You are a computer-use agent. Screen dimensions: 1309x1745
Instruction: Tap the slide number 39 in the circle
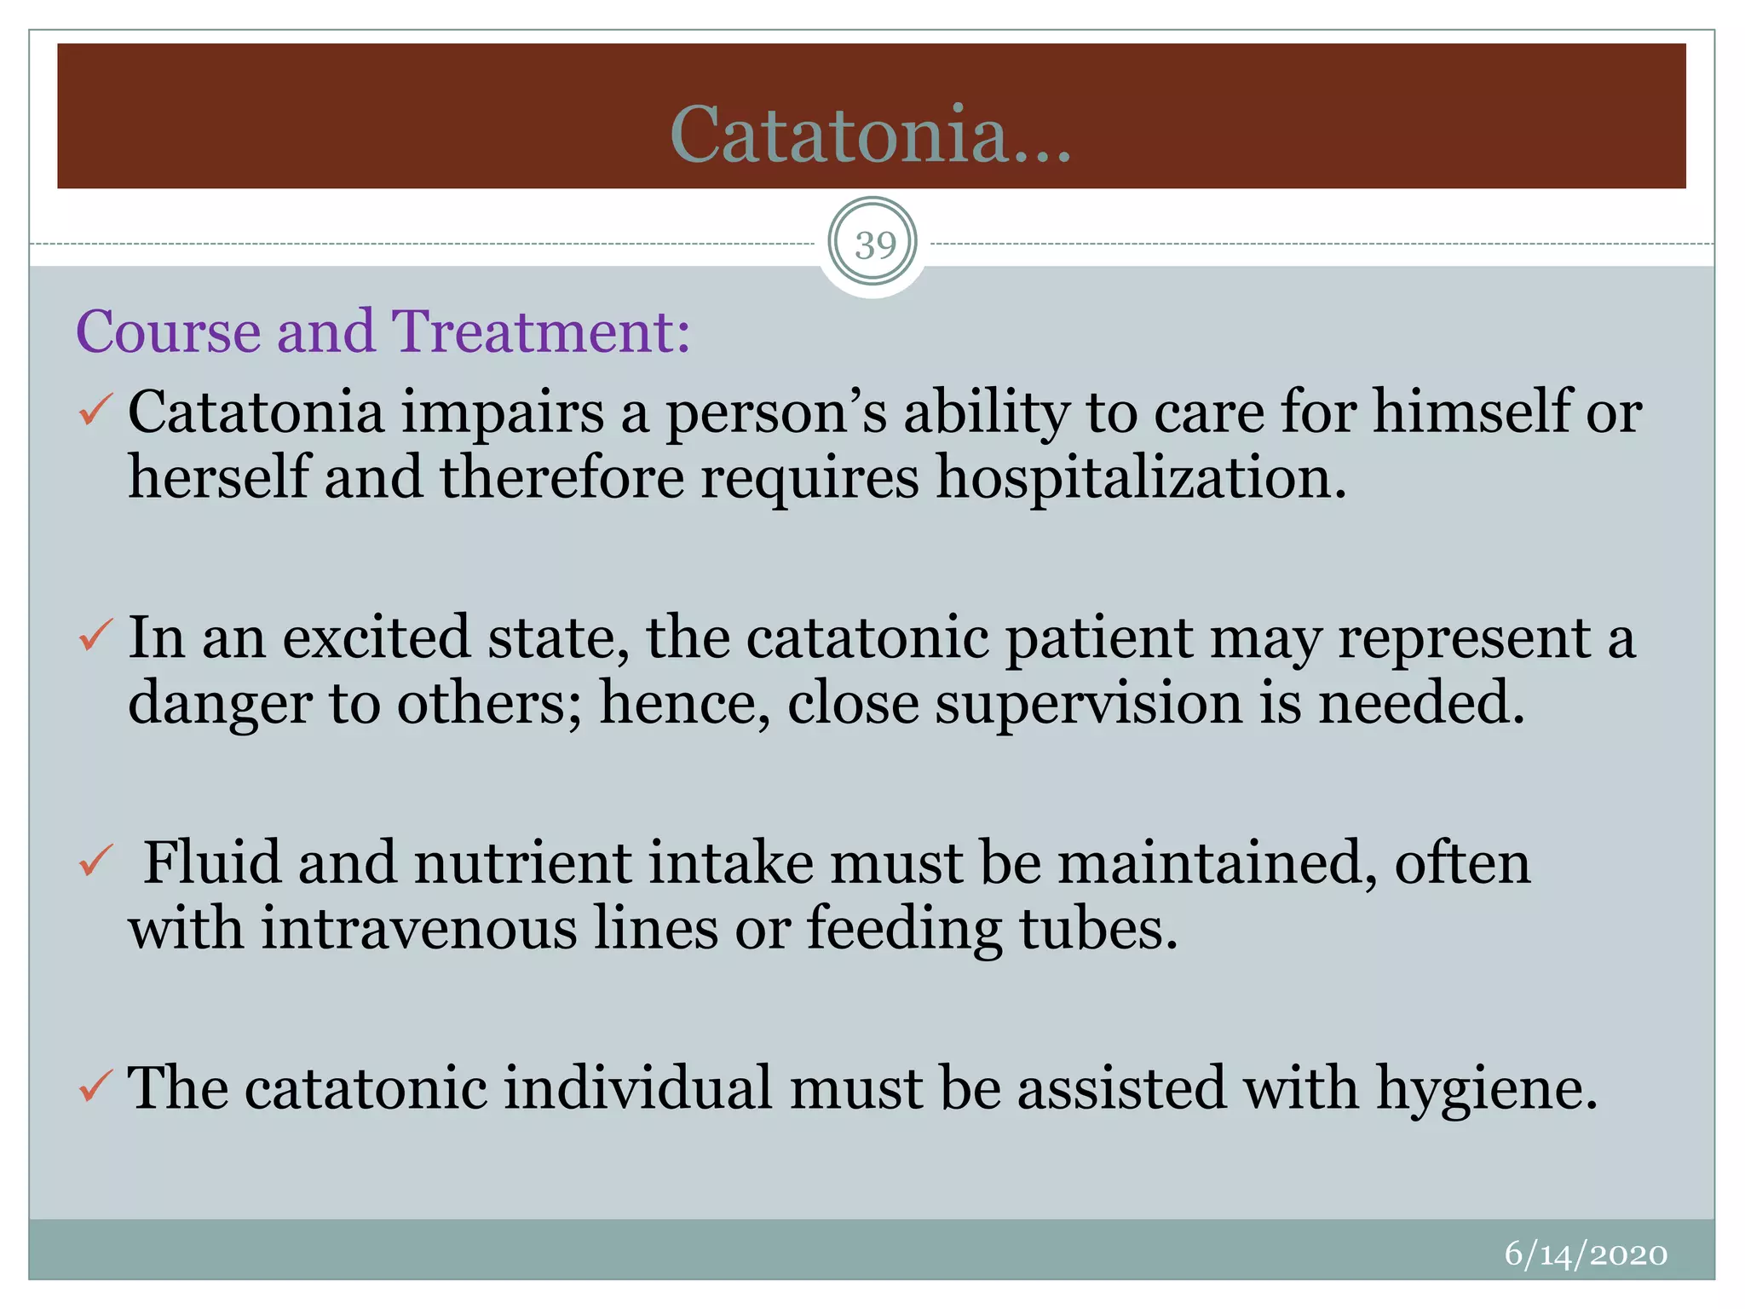(874, 245)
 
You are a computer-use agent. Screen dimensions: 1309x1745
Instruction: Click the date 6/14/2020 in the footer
(1586, 1254)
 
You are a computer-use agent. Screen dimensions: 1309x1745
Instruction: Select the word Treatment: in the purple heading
(540, 331)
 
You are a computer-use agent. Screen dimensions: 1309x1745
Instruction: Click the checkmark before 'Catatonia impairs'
(95, 410)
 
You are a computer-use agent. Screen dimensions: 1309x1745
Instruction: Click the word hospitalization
(1142, 477)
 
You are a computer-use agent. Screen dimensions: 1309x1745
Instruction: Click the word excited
(376, 637)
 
